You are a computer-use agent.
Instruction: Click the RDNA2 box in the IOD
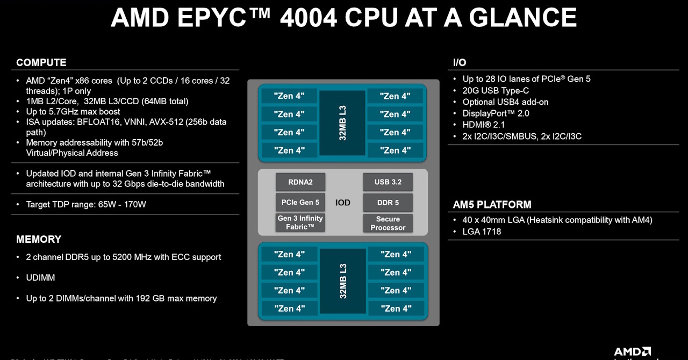coord(300,182)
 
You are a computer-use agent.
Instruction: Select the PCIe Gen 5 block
coord(300,203)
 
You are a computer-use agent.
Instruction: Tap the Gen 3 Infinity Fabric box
coord(300,222)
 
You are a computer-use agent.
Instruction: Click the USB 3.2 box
coord(388,182)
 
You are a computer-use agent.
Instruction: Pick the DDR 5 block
coord(388,203)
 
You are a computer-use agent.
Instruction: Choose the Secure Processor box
coord(388,223)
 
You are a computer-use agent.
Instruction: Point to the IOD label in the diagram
coord(343,203)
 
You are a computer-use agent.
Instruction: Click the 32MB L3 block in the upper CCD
coord(343,123)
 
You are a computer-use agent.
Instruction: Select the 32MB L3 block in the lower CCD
coord(343,281)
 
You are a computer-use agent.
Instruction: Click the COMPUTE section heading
coord(41,62)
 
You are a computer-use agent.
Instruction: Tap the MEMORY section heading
coord(39,239)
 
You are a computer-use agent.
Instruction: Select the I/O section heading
coord(460,63)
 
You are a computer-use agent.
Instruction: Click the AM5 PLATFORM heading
coord(492,205)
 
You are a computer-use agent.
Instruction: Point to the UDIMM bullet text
coord(41,278)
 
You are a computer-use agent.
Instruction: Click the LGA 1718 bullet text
coord(482,232)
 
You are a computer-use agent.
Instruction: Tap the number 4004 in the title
coord(309,18)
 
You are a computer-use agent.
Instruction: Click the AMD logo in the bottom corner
coord(633,352)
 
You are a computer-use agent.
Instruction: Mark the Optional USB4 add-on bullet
coord(505,102)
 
